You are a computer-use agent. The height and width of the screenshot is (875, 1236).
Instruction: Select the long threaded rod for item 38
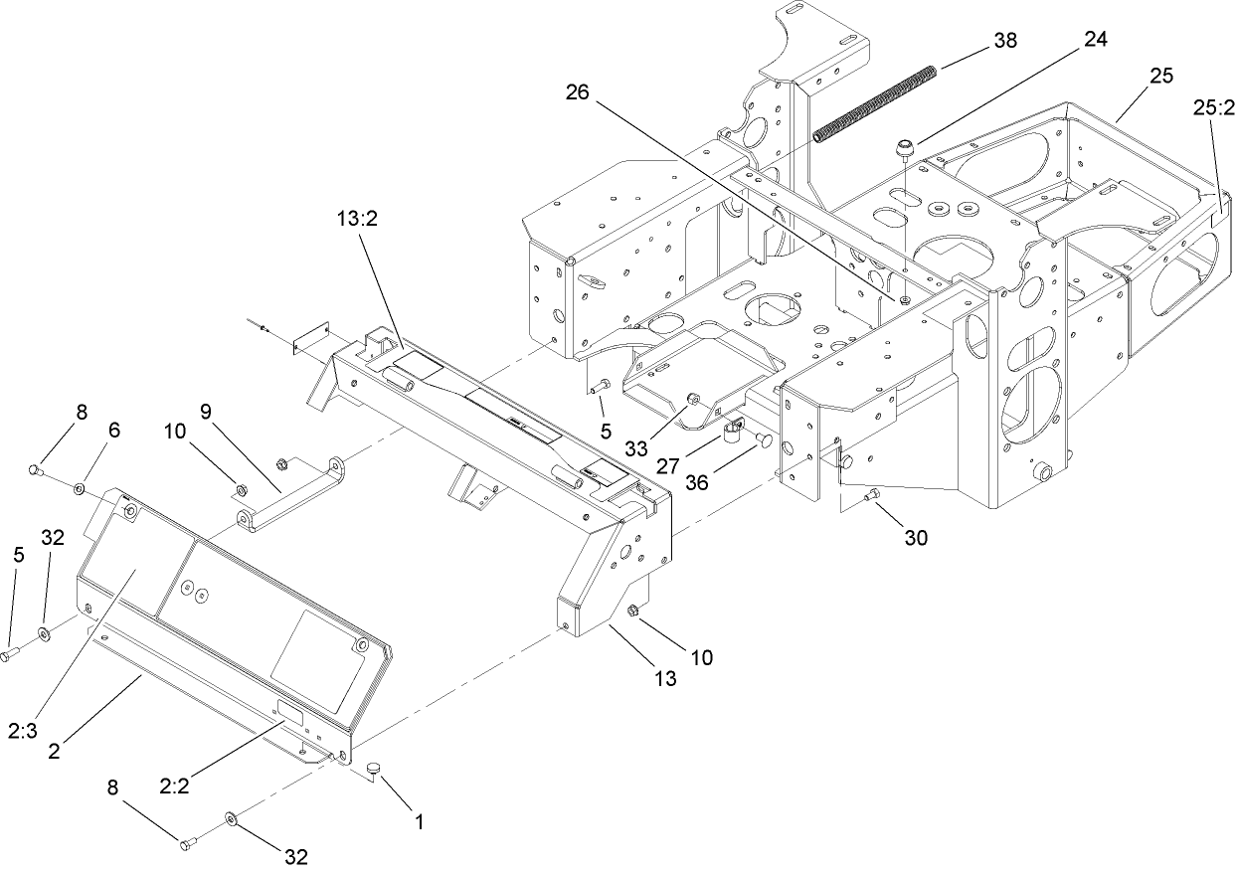(x=876, y=103)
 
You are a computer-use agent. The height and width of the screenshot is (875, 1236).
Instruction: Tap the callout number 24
(x=1095, y=40)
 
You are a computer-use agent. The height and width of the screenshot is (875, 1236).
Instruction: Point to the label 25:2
(x=1210, y=106)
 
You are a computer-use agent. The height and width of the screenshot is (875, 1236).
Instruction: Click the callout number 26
(x=578, y=92)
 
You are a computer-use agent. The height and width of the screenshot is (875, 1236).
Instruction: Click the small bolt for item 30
(x=873, y=494)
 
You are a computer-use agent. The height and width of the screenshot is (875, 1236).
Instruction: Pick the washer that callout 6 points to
(x=79, y=488)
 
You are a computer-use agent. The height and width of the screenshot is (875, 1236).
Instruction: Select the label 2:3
(x=22, y=732)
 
